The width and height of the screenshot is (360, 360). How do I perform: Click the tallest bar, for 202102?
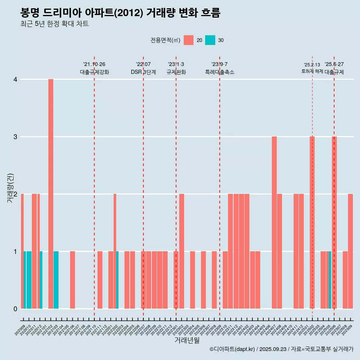point(51,194)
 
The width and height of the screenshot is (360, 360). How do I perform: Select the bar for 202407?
point(274,222)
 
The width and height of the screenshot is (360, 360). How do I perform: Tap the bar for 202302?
point(181,251)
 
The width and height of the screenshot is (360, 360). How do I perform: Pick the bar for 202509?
point(350,251)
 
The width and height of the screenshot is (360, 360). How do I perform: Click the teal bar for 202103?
point(56,280)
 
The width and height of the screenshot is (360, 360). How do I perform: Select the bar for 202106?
point(72,280)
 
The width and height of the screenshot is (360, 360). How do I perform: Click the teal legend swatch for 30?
point(210,40)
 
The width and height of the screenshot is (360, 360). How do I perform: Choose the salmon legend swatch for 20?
point(189,40)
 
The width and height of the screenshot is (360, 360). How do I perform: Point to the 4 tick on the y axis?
point(15,79)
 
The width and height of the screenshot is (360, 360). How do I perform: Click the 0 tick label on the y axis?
point(15,309)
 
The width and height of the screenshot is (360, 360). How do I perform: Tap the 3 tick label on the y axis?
point(15,137)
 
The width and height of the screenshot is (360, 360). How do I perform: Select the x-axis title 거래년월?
point(187,340)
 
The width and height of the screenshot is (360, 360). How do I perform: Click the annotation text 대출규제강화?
point(94,72)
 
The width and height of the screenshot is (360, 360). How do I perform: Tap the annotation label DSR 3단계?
point(143,72)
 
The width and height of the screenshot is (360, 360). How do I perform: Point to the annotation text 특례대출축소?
point(220,72)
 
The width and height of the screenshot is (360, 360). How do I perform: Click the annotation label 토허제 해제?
point(312,71)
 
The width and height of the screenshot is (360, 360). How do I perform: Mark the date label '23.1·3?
point(176,64)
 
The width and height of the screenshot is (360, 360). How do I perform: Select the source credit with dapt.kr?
point(281,349)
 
